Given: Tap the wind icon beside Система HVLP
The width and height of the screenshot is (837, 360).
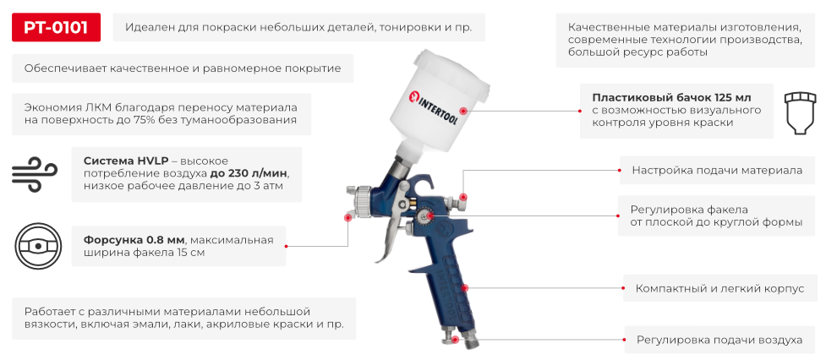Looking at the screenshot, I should (33, 174).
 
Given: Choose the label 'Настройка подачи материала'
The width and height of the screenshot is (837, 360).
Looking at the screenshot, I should (717, 170).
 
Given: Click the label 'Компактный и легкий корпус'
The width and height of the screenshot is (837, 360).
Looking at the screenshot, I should (719, 288).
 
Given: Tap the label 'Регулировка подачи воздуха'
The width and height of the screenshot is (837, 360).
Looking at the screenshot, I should (719, 340).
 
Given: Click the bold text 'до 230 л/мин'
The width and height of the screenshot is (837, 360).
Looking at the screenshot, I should (249, 173).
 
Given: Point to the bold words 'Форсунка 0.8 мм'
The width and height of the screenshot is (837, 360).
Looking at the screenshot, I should (134, 239).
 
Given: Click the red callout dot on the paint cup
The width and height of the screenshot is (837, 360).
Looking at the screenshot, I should (462, 111).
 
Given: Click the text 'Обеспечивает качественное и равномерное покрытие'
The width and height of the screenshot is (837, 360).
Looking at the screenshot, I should (183, 68).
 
